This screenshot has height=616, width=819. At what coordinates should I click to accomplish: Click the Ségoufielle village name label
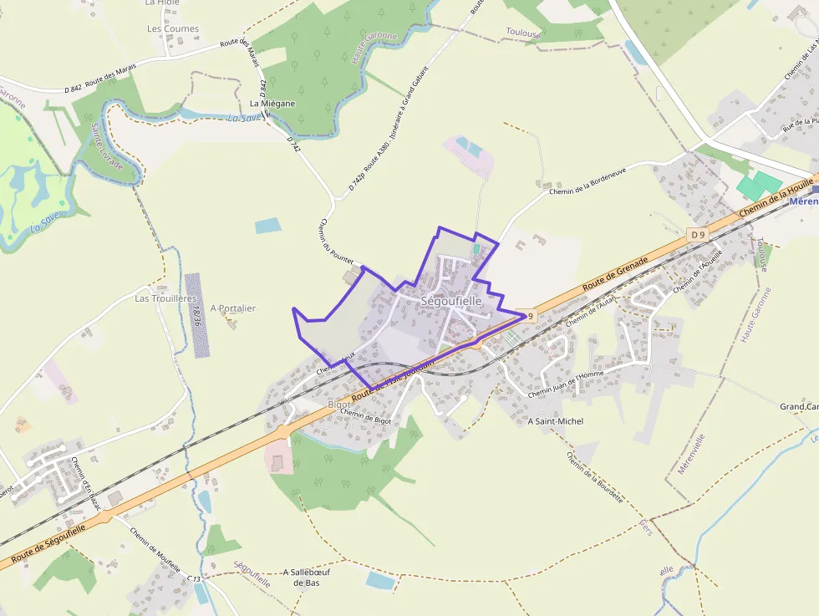click(451, 301)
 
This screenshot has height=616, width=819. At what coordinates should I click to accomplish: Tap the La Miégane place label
click(272, 104)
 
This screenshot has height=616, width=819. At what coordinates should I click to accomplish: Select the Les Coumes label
click(173, 28)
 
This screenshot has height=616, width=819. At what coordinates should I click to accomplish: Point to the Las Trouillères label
click(165, 298)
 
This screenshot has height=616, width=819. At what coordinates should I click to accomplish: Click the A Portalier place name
click(233, 308)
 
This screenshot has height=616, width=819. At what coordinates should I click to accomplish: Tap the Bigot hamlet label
click(339, 405)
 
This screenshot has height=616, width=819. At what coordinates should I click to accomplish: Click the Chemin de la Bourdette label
click(594, 477)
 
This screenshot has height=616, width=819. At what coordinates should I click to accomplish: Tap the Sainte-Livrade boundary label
click(107, 146)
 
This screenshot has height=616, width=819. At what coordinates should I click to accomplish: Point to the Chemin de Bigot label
click(367, 415)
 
